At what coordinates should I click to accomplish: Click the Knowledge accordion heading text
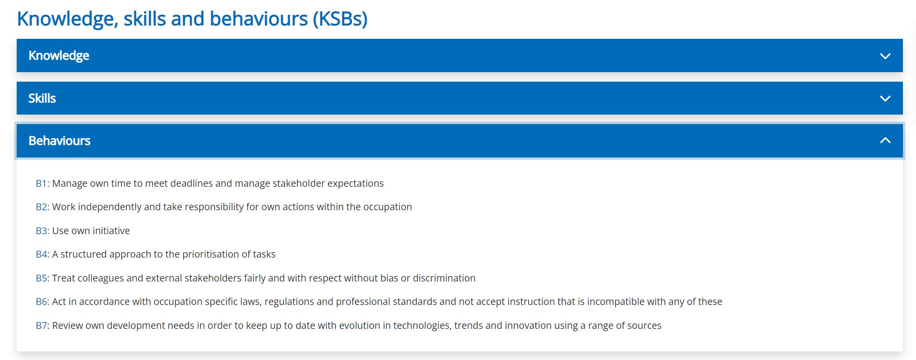coord(59,55)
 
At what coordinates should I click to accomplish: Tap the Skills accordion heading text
coord(42,98)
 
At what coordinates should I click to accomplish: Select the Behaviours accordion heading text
coord(60,141)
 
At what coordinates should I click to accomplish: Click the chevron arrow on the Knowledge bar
coord(885,56)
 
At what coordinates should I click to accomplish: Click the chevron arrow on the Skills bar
coord(885,98)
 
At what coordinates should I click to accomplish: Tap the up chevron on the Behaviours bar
coord(885,140)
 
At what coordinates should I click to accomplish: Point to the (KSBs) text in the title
coord(341,19)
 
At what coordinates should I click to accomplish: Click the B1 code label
coord(42,183)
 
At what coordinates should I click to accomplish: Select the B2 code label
coord(42,207)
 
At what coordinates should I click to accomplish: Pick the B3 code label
coord(42,231)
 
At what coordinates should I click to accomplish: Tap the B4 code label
coord(42,254)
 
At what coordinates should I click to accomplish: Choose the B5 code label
coord(42,278)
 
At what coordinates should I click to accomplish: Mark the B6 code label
coord(42,301)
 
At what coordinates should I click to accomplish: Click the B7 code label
coord(42,325)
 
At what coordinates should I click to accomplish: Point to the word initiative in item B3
coord(111,231)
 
